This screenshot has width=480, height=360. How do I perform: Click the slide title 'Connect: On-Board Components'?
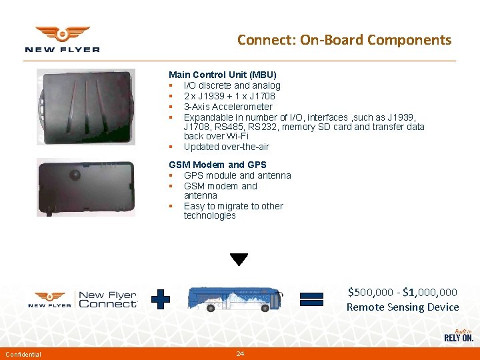pos(344,40)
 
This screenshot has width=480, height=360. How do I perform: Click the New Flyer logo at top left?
pos(62,39)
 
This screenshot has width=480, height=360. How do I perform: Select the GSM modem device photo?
pos(85,187)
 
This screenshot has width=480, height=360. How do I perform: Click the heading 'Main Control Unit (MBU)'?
pos(222,75)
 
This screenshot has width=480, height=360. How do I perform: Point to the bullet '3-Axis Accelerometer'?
pos(228,107)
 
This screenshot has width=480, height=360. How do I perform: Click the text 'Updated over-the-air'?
pos(226,147)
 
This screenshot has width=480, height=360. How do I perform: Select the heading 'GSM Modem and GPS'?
pos(217,165)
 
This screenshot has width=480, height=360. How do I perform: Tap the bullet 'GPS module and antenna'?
pos(237,175)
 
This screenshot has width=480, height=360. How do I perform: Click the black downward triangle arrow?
pos(239,259)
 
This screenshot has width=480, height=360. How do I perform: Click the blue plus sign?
pos(161,299)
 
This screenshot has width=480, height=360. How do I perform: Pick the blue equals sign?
pos(311,299)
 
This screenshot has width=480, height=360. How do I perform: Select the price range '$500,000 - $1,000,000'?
pos(403,292)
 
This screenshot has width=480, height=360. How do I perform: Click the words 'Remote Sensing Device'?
pos(403,307)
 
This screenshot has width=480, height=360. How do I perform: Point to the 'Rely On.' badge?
pos(459,335)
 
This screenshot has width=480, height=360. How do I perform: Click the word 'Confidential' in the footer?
pos(23,354)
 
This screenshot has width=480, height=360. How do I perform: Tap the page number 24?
pos(240,353)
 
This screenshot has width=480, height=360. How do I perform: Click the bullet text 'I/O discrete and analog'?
pos(232,85)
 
